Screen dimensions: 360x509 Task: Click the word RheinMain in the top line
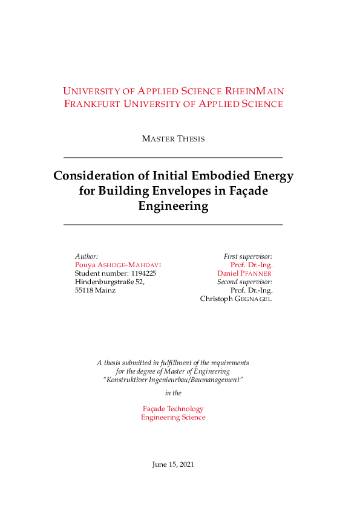[255, 91]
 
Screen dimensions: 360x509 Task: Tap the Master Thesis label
[173, 139]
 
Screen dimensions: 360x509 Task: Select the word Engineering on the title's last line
[173, 206]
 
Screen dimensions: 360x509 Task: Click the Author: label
[87, 256]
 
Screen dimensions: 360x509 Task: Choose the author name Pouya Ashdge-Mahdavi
[118, 265]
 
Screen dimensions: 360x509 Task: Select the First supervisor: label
[248, 256]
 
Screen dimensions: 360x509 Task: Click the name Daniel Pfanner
[244, 273]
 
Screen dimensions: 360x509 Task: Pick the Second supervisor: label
[244, 282]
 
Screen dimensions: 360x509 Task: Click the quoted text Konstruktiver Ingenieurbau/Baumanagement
[173, 380]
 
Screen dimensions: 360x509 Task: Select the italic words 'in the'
[173, 393]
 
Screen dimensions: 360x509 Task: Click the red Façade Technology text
[173, 409]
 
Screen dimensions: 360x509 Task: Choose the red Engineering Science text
[173, 418]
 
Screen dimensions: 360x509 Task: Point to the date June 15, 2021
[173, 465]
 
